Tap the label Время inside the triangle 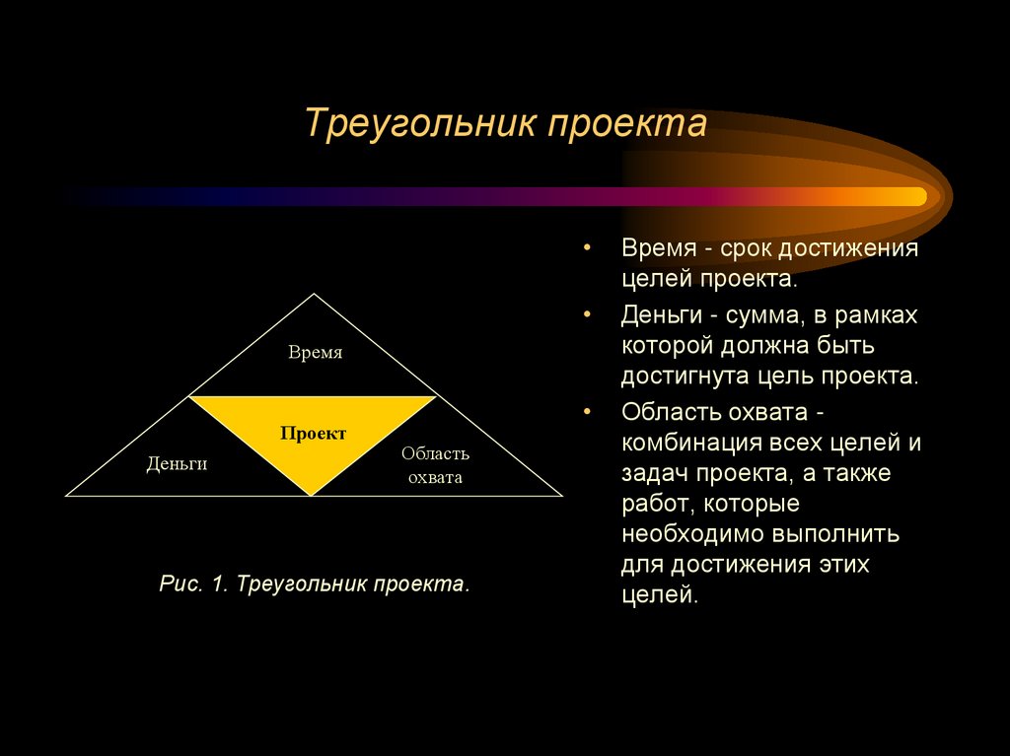[x=316, y=353]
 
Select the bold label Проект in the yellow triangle [x=314, y=434]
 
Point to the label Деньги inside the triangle [x=178, y=463]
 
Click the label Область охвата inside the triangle [x=435, y=465]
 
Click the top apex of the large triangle [x=315, y=294]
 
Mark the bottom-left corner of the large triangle [x=67, y=495]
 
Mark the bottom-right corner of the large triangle [x=561, y=495]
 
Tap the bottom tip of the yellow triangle [x=313, y=494]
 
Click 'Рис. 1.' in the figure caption [x=193, y=584]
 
